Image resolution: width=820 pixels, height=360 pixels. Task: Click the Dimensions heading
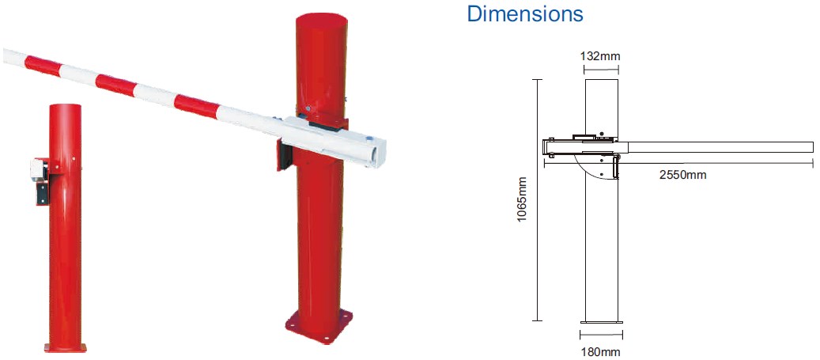[x=524, y=13]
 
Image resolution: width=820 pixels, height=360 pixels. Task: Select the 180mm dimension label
[x=601, y=352]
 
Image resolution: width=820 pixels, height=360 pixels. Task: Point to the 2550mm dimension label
[x=682, y=175]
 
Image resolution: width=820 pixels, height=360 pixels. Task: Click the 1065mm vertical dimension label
[x=522, y=199]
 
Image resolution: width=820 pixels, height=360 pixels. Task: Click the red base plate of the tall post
[x=319, y=326]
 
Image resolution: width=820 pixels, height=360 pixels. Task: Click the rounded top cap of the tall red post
[x=322, y=19]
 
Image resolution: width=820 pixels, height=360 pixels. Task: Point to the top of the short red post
[x=66, y=108]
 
